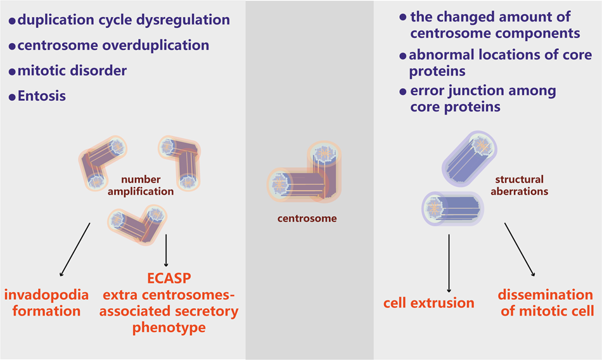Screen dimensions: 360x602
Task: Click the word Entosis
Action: click(x=42, y=96)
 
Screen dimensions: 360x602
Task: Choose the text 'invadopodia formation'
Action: click(x=44, y=302)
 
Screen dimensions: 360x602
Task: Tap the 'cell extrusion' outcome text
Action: click(x=428, y=302)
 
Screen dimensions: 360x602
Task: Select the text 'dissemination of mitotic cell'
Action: click(x=545, y=302)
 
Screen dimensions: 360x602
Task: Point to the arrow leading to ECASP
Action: click(x=167, y=250)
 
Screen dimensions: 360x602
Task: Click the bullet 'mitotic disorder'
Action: click(x=69, y=71)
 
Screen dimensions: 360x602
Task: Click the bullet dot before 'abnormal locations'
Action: click(x=403, y=56)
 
